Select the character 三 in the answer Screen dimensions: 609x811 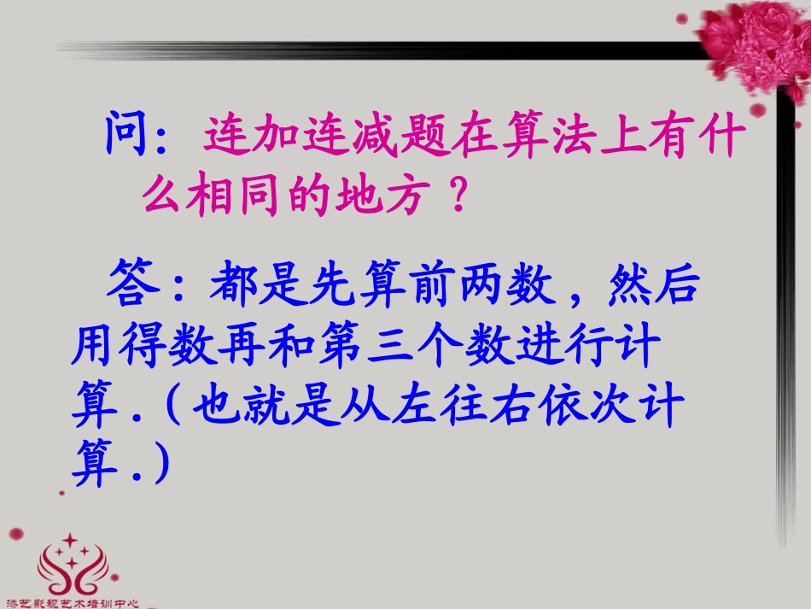[x=390, y=348]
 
